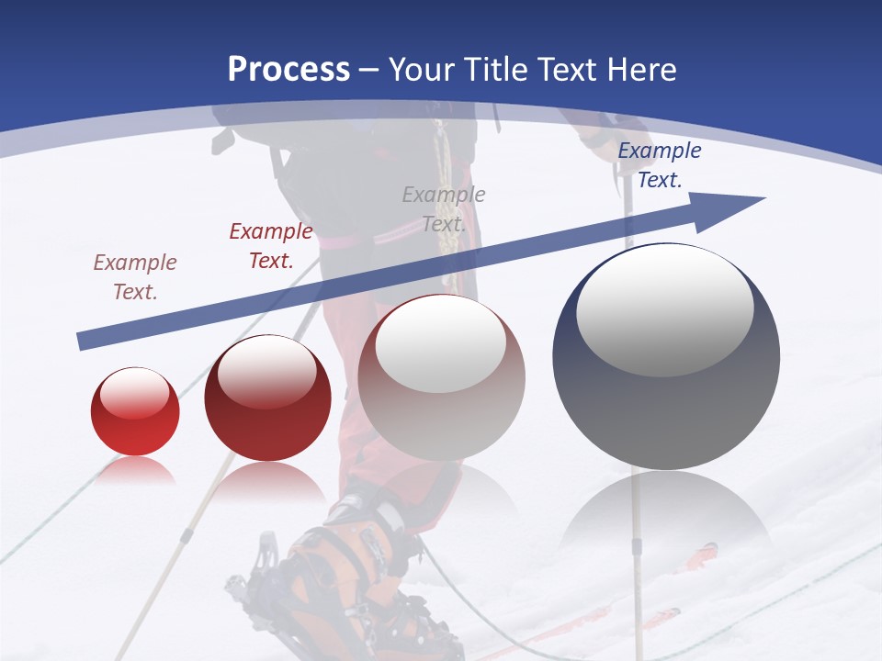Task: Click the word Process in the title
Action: click(x=288, y=70)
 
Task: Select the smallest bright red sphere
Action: click(x=135, y=412)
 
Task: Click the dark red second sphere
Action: click(x=267, y=398)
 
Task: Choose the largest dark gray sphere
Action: click(x=666, y=357)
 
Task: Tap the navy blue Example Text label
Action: click(x=659, y=165)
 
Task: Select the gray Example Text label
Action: click(x=444, y=208)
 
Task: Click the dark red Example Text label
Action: click(x=271, y=246)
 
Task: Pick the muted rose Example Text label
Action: click(x=135, y=276)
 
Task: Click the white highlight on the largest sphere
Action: click(x=665, y=312)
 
